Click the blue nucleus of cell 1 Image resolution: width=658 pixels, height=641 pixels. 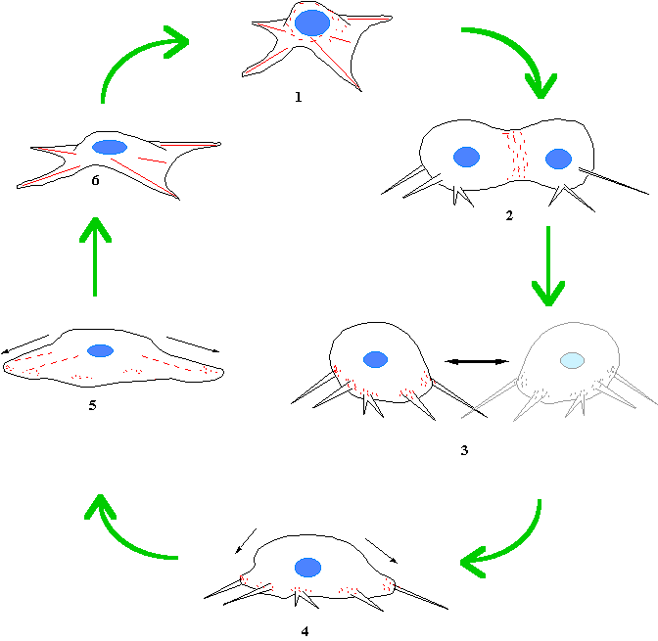pos(311,23)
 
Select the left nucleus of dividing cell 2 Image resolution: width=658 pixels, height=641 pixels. pos(467,157)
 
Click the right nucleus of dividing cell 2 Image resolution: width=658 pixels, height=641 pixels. pos(558,159)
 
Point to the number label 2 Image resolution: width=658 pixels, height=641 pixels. pos(509,215)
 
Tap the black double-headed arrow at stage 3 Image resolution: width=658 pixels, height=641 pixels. pos(478,362)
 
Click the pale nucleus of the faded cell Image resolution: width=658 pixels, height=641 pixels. pos(572,359)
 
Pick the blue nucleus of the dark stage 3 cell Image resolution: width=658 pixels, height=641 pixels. pos(375,359)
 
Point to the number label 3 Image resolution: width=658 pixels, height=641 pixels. pos(464,451)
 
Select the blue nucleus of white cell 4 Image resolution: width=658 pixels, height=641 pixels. pos(308,567)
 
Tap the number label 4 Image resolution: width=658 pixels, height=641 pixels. pos(305,631)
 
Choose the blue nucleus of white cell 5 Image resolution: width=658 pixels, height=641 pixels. pos(99,350)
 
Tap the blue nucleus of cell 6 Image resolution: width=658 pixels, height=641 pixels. pos(110,148)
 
